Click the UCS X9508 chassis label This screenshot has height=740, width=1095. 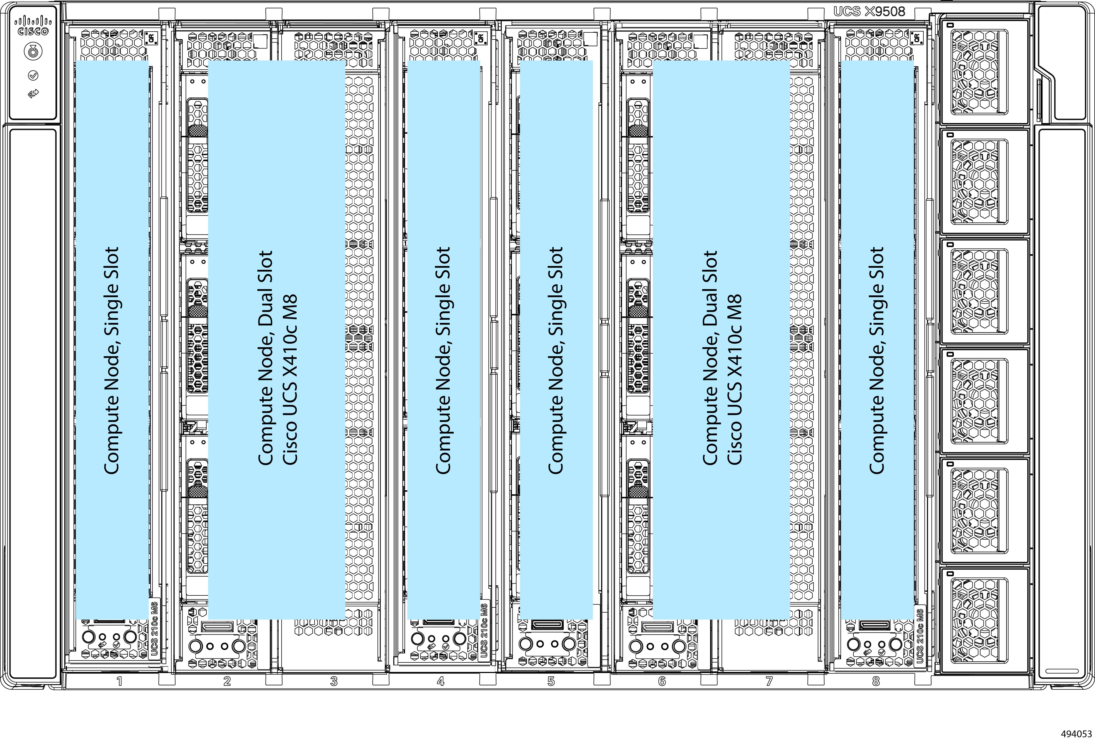pyautogui.click(x=869, y=12)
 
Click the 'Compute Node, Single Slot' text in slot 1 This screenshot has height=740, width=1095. pyautogui.click(x=112, y=360)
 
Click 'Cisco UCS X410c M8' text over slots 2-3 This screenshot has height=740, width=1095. pyautogui.click(x=290, y=380)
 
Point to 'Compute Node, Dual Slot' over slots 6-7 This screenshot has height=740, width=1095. pyautogui.click(x=710, y=358)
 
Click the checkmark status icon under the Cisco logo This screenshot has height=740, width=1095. pyautogui.click(x=33, y=75)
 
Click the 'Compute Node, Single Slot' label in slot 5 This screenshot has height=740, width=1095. pyautogui.click(x=556, y=360)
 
